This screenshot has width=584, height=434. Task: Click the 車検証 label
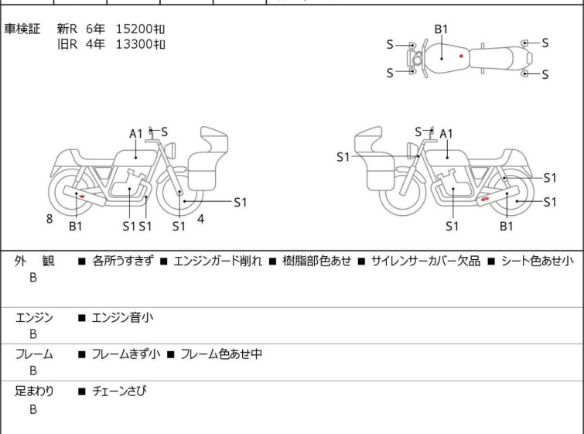(22, 29)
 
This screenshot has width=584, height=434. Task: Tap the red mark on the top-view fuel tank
(461, 56)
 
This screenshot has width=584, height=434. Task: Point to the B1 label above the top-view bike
(441, 29)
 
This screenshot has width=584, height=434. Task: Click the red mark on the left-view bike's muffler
(81, 196)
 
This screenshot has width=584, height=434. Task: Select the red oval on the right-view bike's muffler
(484, 200)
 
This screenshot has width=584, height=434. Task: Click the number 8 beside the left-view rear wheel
(50, 219)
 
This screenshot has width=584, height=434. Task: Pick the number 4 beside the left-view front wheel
(201, 219)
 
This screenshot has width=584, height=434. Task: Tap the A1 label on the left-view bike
(136, 134)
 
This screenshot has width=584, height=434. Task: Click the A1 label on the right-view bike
(446, 134)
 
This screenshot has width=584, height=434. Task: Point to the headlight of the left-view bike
(170, 151)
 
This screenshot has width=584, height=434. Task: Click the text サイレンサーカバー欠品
(425, 261)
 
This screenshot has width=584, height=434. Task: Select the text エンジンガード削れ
(218, 261)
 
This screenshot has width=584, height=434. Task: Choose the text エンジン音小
(122, 317)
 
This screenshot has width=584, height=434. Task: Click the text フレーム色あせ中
(221, 354)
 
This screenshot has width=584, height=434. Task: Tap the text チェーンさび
(119, 391)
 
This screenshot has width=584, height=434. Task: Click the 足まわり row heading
(34, 391)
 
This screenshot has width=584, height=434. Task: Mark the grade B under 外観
(33, 278)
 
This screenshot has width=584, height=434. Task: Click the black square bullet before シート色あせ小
(492, 261)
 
